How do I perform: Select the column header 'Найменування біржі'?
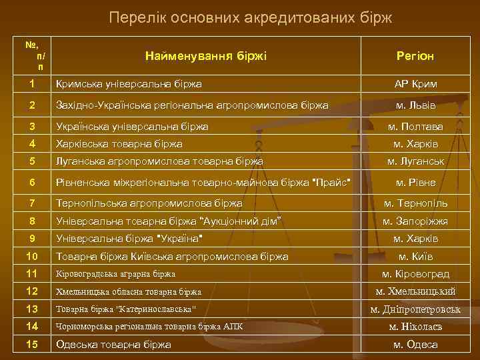pos(205,56)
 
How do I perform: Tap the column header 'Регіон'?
pos(415,56)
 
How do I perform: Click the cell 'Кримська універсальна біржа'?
pos(129,85)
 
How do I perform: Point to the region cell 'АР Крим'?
pos(415,85)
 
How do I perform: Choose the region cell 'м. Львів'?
pos(415,105)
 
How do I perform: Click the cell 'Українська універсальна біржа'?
pos(133,126)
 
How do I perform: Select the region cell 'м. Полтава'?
pos(415,126)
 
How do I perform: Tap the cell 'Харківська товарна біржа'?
pos(120,143)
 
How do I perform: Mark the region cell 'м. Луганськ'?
pos(415,161)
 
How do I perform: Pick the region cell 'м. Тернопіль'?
pos(415,203)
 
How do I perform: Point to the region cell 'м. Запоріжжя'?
pos(415,221)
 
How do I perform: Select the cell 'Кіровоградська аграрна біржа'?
pos(116,274)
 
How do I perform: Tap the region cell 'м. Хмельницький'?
pos(415,291)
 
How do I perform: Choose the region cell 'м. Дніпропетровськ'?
pos(415,309)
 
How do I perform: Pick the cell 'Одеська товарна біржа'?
pos(114,344)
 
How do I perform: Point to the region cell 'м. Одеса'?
pos(415,344)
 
